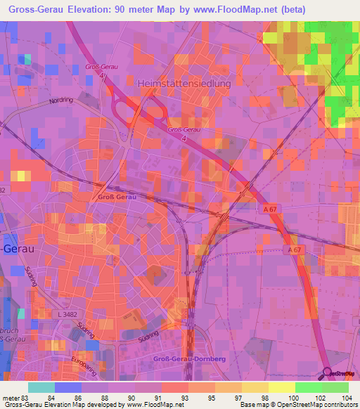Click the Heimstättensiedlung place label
[x=186, y=82]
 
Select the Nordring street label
[x=61, y=100]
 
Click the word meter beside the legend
[x=11, y=398]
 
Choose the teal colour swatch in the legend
[x=41, y=387]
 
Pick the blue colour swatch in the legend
[x=68, y=387]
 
